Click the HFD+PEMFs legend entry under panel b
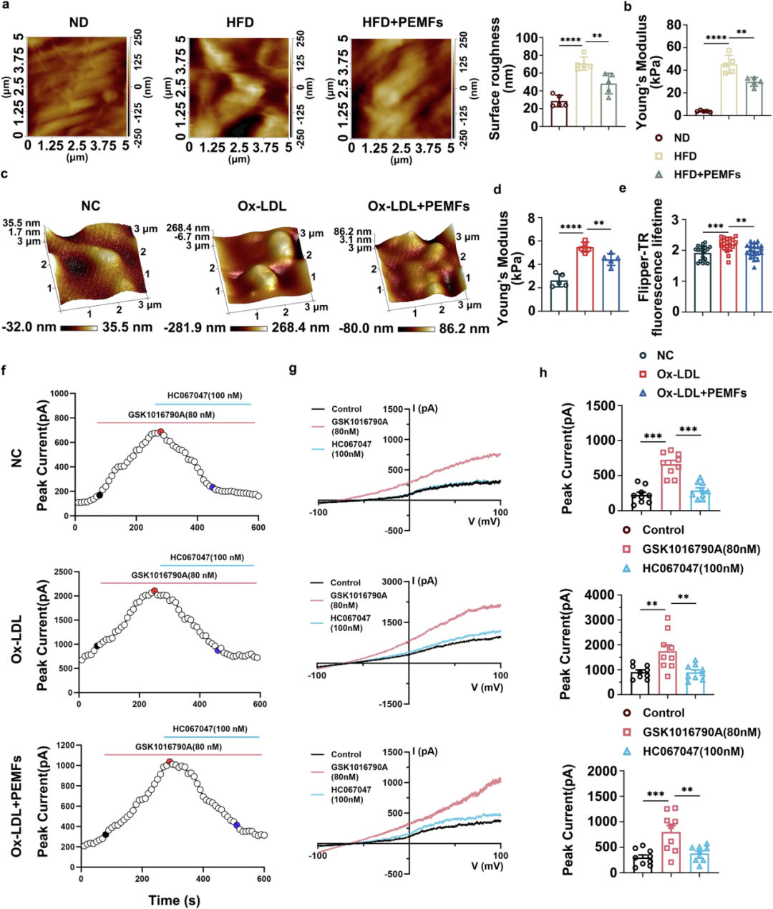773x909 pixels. tap(706, 174)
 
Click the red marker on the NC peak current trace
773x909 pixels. tap(160, 432)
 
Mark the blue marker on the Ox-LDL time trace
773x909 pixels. tap(217, 650)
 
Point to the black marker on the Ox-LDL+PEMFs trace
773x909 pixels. tap(105, 835)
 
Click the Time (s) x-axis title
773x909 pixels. tap(174, 900)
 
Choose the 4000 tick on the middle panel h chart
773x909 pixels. tap(600, 595)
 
